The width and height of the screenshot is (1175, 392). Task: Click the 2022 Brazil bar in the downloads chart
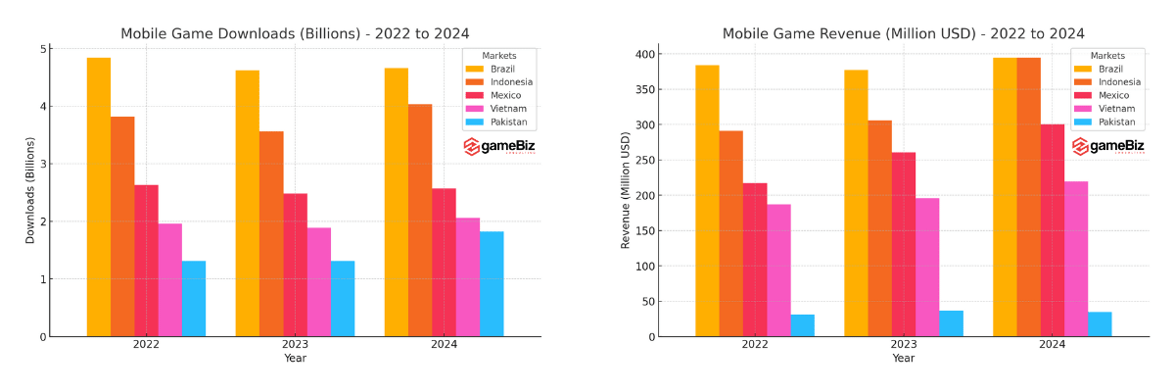tap(99, 196)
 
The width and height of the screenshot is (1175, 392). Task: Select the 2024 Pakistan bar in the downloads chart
tap(492, 284)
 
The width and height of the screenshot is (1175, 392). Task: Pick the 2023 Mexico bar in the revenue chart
tap(904, 244)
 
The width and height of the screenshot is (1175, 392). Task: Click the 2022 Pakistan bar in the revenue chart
tap(802, 325)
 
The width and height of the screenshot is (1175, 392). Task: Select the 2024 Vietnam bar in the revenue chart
tap(1076, 259)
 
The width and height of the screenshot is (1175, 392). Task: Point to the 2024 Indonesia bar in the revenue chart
tap(1028, 196)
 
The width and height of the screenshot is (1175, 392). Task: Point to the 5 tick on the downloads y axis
tap(43, 49)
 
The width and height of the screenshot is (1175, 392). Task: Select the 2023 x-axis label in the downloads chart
tap(295, 345)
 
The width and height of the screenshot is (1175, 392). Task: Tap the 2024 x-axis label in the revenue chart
tap(1052, 345)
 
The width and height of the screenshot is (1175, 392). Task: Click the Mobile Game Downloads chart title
tap(295, 33)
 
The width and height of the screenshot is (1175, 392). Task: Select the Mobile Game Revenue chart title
tap(903, 33)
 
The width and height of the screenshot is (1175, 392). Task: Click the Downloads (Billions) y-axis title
tap(30, 191)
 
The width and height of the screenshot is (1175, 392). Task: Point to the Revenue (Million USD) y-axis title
tap(626, 191)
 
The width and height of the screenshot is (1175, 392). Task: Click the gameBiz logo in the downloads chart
tap(499, 147)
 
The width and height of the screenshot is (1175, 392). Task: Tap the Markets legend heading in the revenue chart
tap(1107, 56)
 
